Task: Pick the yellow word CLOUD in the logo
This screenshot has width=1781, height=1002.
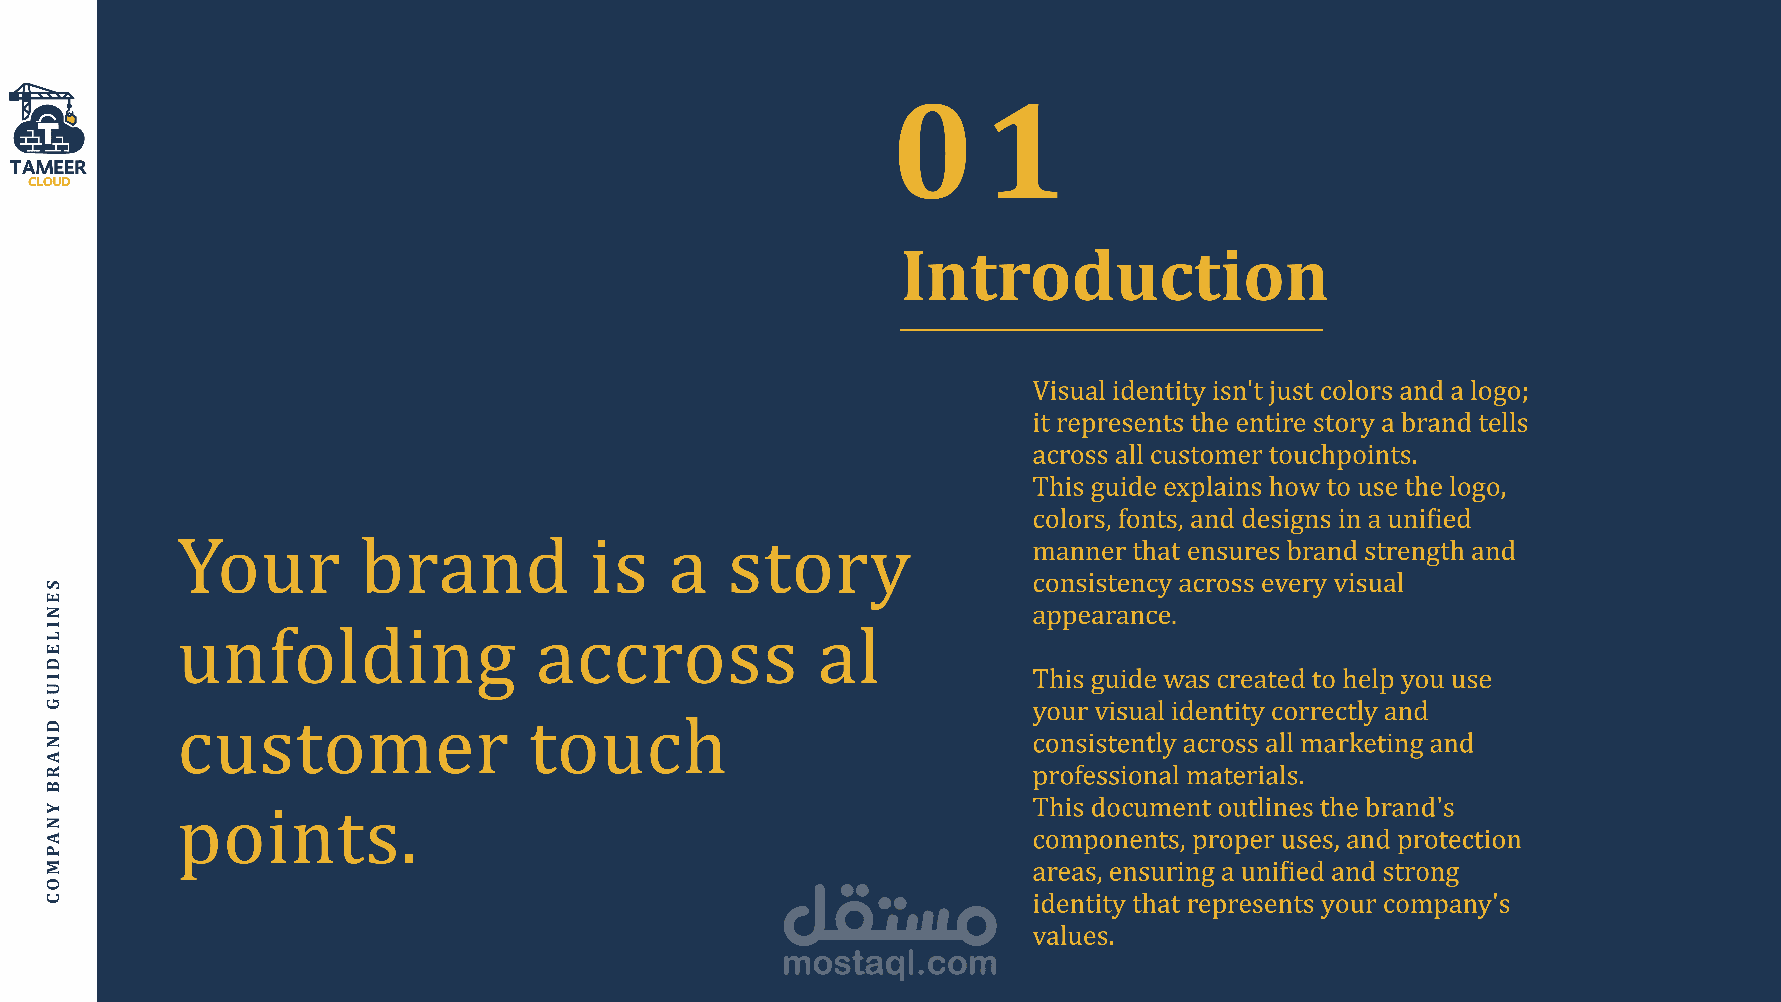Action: click(x=49, y=182)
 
